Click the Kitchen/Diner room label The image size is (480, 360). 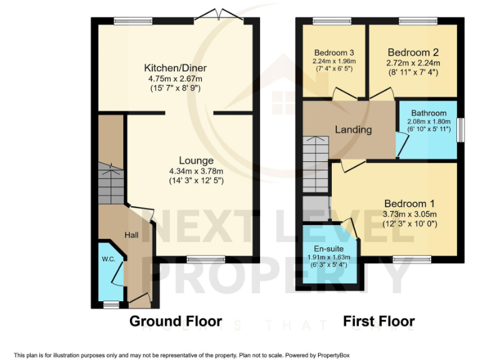[x=176, y=68]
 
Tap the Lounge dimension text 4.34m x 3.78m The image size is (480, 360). [x=196, y=171]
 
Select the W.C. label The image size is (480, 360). [x=109, y=259]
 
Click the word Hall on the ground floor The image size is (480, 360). [x=131, y=235]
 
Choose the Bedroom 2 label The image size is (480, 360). [x=414, y=52]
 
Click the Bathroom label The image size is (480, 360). [x=429, y=113]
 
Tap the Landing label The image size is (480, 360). [x=353, y=130]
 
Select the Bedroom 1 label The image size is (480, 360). [x=409, y=204]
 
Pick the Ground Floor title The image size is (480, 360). [x=176, y=321]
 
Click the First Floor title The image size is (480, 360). [x=379, y=321]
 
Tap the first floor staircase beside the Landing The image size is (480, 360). [x=315, y=164]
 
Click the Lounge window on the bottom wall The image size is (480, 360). [x=206, y=258]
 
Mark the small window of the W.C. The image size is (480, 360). [x=111, y=304]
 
